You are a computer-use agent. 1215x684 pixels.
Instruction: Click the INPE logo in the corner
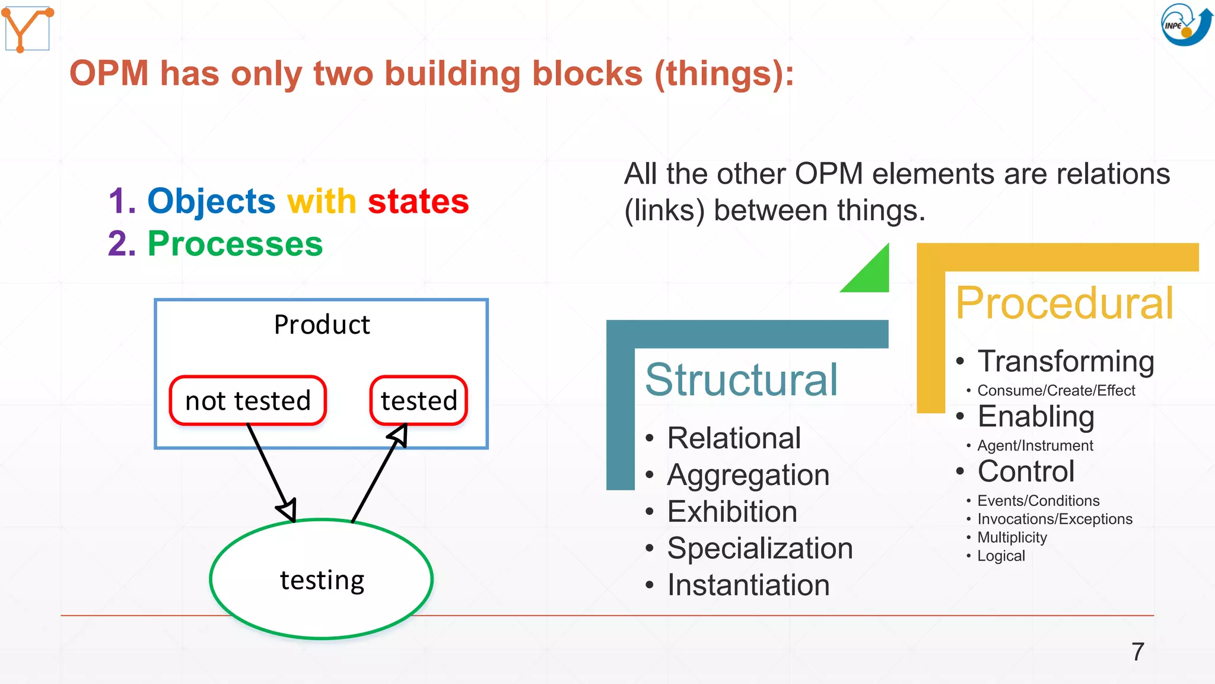[x=1185, y=25]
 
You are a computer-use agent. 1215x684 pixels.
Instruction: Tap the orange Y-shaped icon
[x=27, y=28]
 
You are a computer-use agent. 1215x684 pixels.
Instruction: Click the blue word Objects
[x=211, y=201]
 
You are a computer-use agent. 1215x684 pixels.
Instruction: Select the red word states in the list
[x=418, y=201]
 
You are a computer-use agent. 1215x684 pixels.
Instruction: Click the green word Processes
[x=235, y=244]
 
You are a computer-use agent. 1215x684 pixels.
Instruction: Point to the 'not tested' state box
[x=248, y=401]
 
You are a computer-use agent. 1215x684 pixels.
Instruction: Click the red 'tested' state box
[x=419, y=401]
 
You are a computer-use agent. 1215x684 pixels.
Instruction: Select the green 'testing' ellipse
[x=322, y=579]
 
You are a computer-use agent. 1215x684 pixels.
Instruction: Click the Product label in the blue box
[x=322, y=325]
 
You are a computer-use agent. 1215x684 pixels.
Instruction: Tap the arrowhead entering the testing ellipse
[x=288, y=509]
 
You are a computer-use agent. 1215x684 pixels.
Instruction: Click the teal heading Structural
[x=741, y=379]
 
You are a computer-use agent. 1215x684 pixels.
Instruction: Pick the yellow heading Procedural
[x=1064, y=303]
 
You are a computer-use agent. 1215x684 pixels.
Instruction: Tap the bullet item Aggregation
[x=748, y=475]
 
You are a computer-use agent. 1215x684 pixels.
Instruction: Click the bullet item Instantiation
[x=748, y=585]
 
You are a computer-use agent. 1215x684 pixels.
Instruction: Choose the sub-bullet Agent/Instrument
[x=1035, y=446]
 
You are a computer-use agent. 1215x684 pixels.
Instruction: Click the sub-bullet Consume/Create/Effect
[x=1055, y=391]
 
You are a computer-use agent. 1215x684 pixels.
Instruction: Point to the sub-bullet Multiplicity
[x=1012, y=537]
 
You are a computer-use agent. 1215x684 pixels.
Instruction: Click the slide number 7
[x=1137, y=652]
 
